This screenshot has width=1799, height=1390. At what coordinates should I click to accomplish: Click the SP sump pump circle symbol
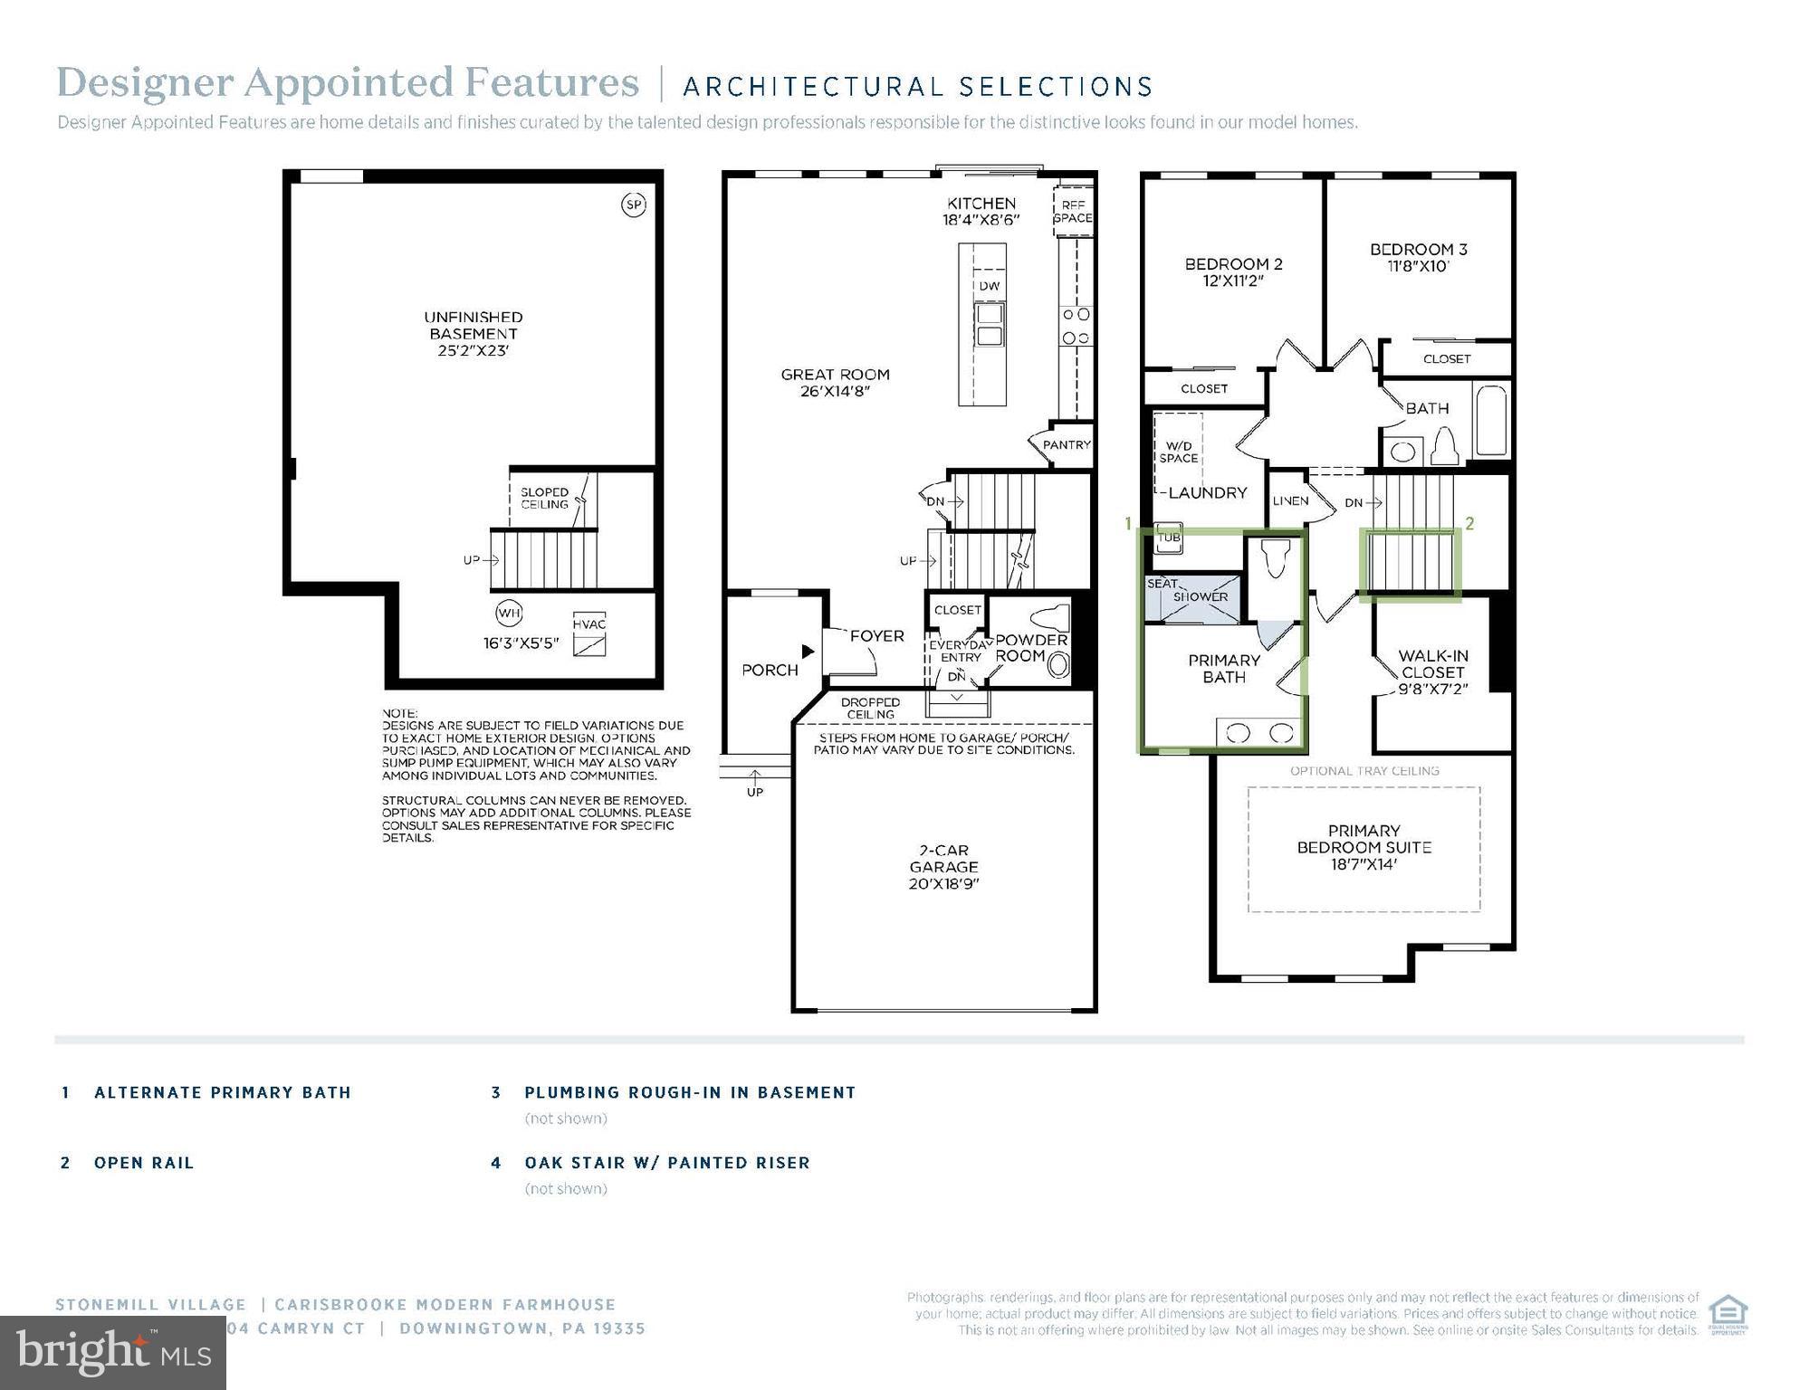[634, 205]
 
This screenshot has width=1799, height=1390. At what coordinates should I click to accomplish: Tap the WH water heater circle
[509, 614]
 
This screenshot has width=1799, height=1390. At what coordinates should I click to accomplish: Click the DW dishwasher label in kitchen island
[990, 286]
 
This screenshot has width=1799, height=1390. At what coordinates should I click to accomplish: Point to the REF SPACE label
[1073, 212]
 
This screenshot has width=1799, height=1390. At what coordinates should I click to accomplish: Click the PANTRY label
[1067, 444]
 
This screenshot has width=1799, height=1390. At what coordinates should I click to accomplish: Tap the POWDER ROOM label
[1031, 648]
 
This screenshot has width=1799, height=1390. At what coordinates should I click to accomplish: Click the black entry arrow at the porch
[808, 652]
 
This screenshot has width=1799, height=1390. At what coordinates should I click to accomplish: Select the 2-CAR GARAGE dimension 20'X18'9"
[943, 883]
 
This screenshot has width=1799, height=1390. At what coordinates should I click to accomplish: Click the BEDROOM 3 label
[1418, 250]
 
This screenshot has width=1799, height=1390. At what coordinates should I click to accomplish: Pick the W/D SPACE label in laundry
[1178, 452]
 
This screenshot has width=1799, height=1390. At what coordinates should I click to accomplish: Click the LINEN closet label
[1289, 500]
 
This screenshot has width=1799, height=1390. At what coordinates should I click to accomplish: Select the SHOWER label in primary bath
[1201, 596]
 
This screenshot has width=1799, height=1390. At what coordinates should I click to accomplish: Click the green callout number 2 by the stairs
[1469, 523]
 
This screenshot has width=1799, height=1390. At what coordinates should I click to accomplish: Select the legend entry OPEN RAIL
[144, 1163]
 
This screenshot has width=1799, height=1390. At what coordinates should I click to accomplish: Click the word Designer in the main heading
[145, 82]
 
